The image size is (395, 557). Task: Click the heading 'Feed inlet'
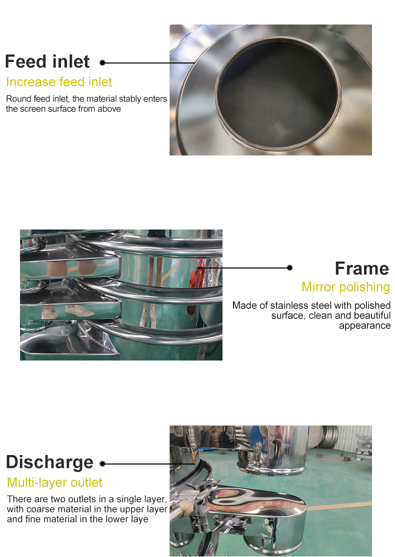(47, 61)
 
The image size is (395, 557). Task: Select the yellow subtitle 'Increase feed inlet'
(59, 82)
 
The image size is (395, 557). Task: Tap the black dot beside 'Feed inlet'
(102, 63)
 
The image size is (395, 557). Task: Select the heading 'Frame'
(362, 268)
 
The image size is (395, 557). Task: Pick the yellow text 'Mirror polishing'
(345, 287)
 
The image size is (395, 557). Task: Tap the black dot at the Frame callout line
(290, 267)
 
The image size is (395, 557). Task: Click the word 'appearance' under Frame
(365, 325)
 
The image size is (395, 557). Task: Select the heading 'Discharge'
(49, 462)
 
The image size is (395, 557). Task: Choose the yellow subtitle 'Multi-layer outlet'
(54, 482)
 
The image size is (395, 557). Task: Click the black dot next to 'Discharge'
(102, 463)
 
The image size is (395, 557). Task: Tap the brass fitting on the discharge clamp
(185, 506)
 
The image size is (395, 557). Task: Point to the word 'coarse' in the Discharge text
(38, 509)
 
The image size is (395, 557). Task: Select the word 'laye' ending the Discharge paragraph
(139, 519)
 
